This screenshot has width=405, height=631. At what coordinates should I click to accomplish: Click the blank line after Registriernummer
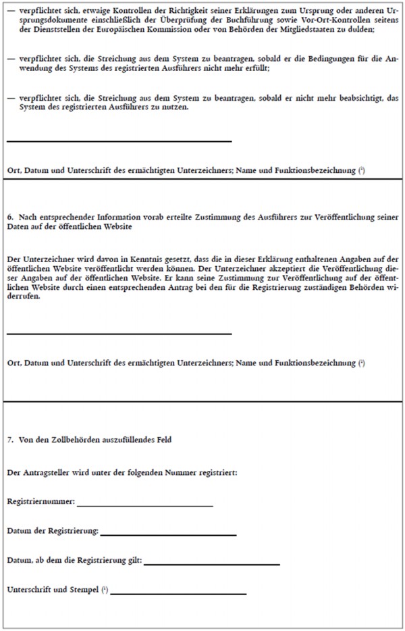point(145,505)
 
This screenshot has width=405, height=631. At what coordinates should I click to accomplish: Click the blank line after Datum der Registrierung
point(168,534)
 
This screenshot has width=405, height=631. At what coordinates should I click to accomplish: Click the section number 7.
point(9,440)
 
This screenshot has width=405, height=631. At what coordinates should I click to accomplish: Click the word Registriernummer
point(40,503)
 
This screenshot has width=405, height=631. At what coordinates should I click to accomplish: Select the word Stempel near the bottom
point(84,590)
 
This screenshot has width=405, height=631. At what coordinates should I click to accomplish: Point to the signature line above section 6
point(119,141)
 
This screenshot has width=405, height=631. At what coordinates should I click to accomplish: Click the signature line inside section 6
point(119,333)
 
